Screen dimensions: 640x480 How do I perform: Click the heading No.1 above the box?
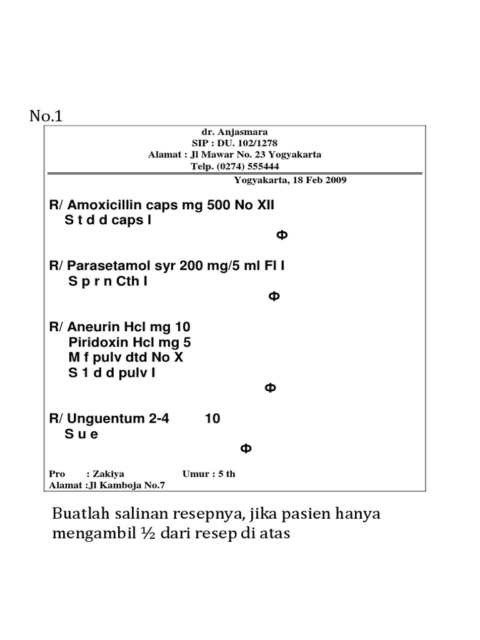pos(47,116)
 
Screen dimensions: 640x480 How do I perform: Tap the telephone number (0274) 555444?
pos(251,166)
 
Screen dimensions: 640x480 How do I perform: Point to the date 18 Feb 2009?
pos(317,180)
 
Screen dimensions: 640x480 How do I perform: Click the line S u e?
pos(81,434)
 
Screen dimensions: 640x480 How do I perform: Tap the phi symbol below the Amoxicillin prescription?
pos(282,235)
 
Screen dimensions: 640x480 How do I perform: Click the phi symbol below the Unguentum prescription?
pos(246,449)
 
